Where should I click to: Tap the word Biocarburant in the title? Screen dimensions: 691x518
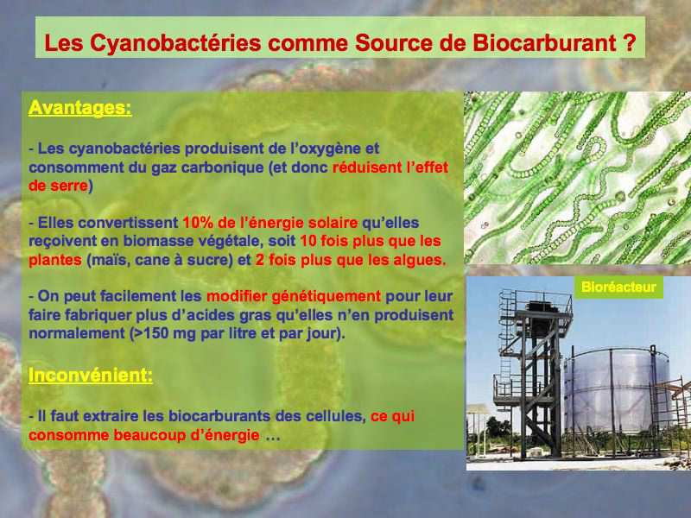pos(544,42)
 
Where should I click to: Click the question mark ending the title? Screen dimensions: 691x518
pos(631,42)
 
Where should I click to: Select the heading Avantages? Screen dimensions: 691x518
pos(79,108)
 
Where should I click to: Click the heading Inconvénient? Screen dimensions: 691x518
pos(91,376)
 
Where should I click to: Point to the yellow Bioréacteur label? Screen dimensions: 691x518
pos(618,287)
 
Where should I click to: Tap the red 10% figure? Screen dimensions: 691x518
pos(198,223)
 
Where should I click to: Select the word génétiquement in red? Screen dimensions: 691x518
pos(326,297)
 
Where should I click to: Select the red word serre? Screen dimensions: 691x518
pos(69,186)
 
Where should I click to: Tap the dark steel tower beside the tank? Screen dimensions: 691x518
pos(534,375)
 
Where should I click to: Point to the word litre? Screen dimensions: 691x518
pos(244,333)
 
